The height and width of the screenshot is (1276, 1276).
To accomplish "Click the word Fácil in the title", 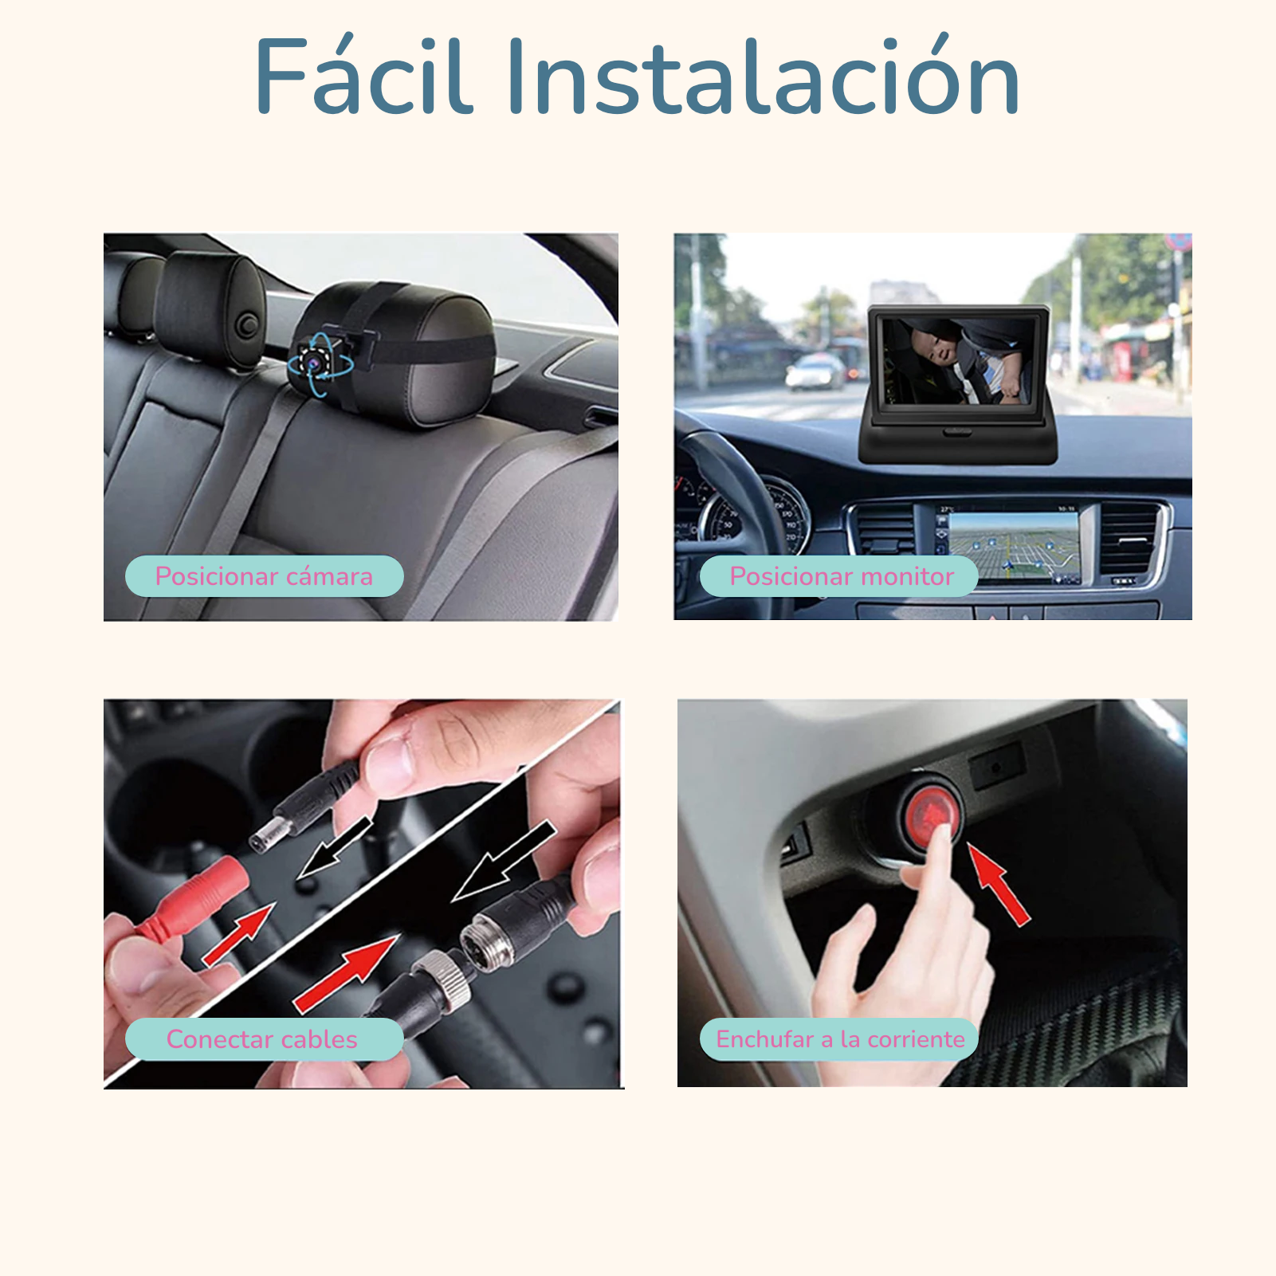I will click(363, 77).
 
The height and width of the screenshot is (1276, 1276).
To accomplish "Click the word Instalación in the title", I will click(763, 77).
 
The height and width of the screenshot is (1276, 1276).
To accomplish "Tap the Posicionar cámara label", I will click(264, 576).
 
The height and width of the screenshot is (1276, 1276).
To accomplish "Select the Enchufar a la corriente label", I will click(839, 1039).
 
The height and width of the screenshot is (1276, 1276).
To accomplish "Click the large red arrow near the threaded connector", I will click(347, 972).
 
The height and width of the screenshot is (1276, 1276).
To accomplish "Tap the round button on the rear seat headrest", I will click(248, 324).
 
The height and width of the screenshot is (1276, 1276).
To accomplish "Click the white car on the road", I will click(815, 372).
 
